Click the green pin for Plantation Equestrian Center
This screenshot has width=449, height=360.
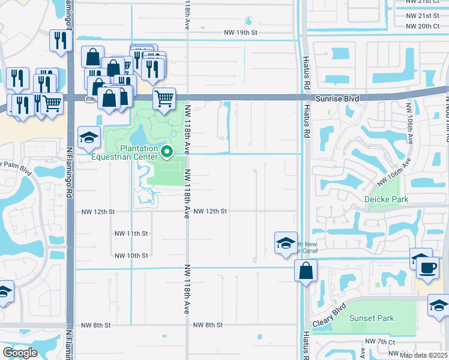[x=168, y=152]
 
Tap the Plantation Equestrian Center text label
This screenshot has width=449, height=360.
[x=130, y=153]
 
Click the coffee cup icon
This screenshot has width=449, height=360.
[x=427, y=267]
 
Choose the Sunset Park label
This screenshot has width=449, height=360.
[x=372, y=318]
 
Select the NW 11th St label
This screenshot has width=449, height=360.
[x=131, y=233]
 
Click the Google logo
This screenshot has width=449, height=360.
[x=20, y=353]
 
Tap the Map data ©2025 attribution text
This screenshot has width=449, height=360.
[x=424, y=355]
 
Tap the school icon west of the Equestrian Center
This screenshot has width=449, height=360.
[x=89, y=137]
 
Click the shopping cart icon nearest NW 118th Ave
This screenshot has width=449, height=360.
[x=164, y=98]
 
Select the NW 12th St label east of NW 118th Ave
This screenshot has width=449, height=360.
[x=210, y=211]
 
